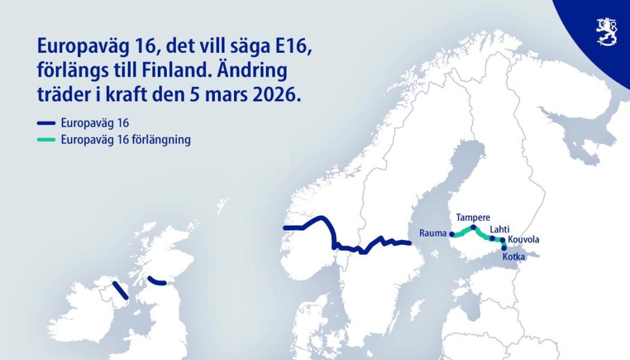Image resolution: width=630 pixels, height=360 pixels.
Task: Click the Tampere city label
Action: tap(473, 217)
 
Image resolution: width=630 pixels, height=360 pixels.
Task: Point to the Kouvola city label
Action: tap(523, 240)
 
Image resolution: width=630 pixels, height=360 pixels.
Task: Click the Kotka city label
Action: tap(515, 257)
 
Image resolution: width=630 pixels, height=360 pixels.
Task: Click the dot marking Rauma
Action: tap(452, 235)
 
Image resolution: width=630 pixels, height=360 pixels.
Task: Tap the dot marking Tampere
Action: tap(473, 227)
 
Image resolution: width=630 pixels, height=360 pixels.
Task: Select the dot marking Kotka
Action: tap(504, 247)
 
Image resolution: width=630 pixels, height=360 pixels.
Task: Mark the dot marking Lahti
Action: tap(493, 238)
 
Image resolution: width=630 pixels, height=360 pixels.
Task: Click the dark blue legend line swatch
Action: tap(46, 124)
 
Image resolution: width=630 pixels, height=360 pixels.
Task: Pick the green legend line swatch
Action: tap(46, 140)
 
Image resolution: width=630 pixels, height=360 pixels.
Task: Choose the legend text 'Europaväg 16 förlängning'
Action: tap(125, 140)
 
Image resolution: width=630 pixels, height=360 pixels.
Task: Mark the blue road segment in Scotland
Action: tap(157, 281)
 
